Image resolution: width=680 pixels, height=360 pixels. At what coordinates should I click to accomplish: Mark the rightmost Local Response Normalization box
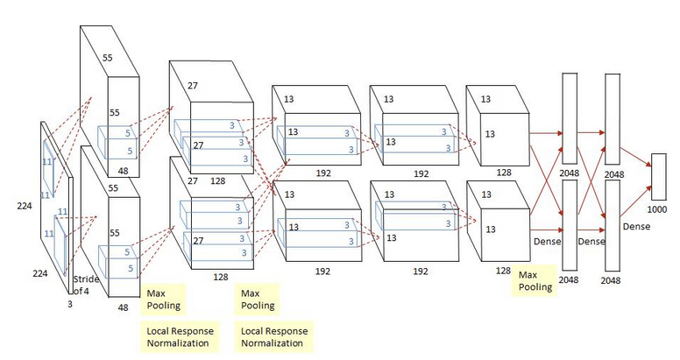(276, 336)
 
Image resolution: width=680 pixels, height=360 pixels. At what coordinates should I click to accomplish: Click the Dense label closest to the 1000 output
(636, 226)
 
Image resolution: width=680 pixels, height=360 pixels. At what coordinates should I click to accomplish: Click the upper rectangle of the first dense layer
(570, 117)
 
